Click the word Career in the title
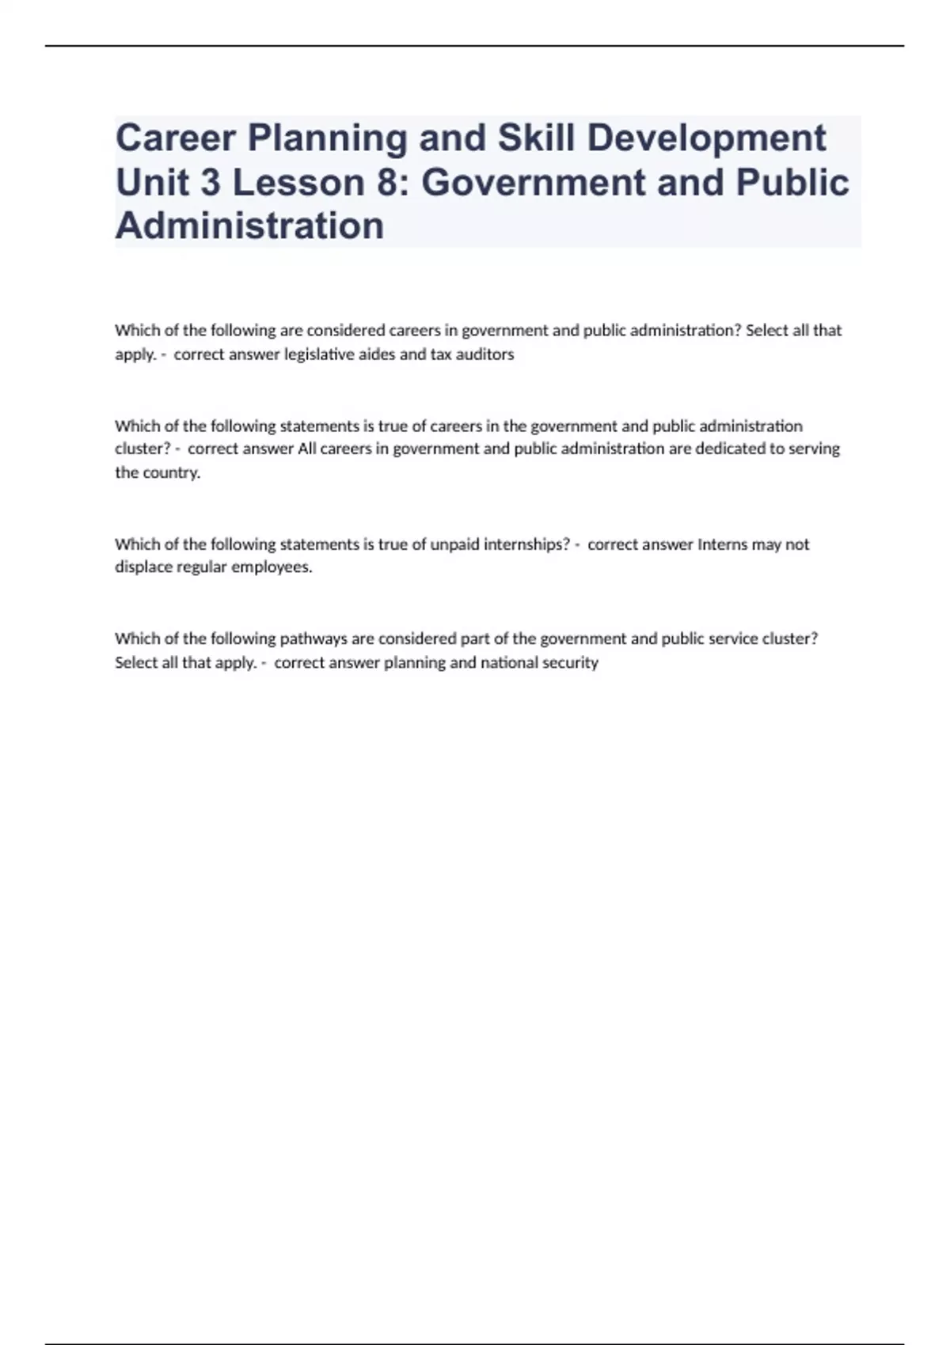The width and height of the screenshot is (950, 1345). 174,138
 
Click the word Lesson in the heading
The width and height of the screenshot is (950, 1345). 298,183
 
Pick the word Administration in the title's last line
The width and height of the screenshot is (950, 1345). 249,226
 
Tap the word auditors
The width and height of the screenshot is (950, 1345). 484,354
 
